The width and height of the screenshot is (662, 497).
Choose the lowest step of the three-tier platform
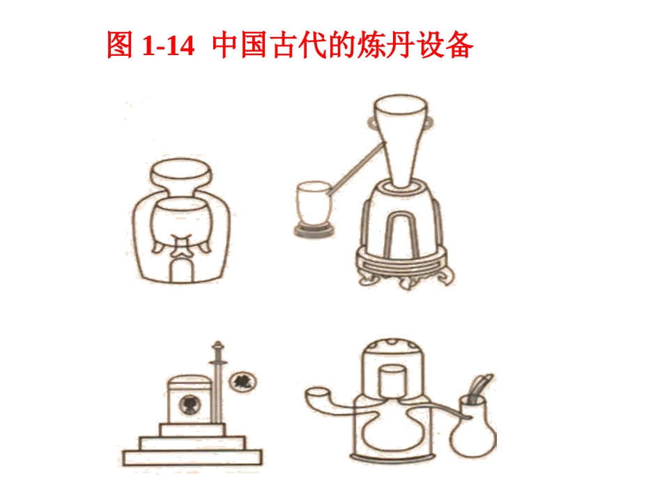tap(192, 457)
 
